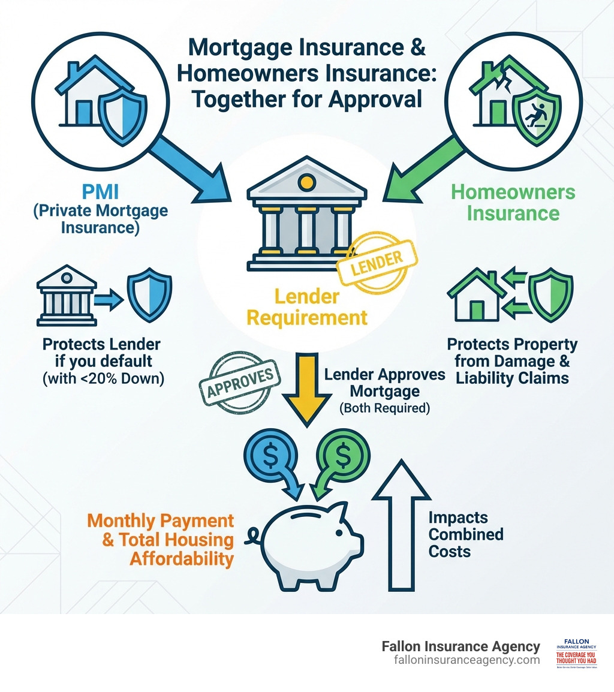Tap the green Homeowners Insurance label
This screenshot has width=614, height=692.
pyautogui.click(x=513, y=203)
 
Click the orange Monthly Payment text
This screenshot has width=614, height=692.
pyautogui.click(x=160, y=539)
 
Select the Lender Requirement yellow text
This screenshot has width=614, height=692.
pyautogui.click(x=307, y=307)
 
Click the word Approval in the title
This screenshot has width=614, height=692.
pyautogui.click(x=370, y=99)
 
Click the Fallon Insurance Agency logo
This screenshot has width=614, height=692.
pyautogui.click(x=576, y=653)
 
